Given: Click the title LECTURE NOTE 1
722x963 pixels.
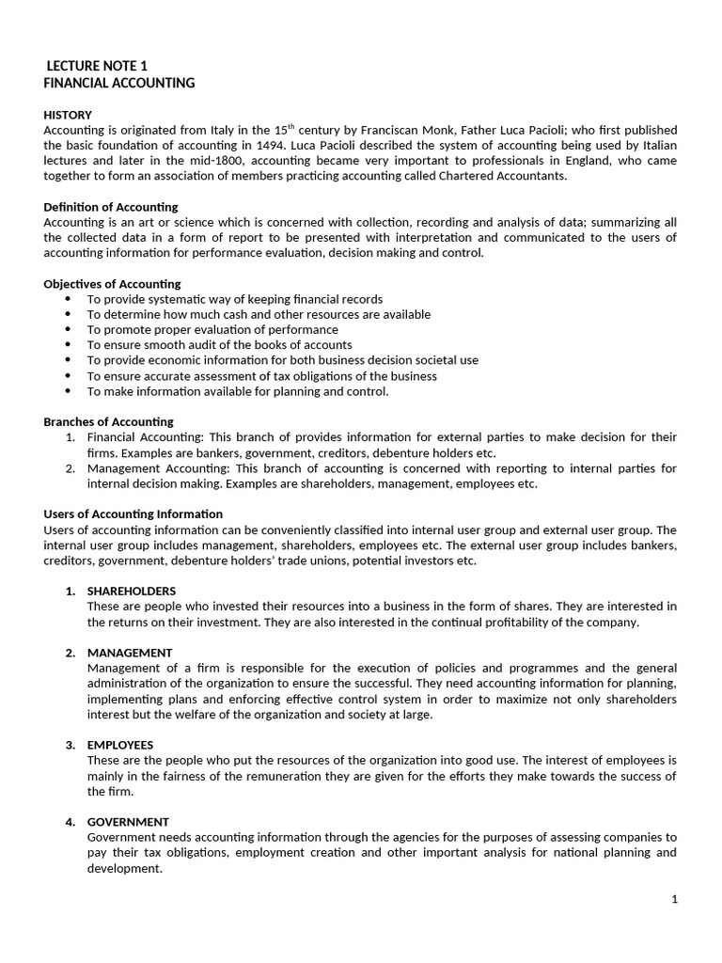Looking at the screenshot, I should [x=97, y=66].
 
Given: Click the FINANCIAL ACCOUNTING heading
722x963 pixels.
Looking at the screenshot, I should [x=119, y=83].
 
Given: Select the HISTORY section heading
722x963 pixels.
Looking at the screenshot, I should [x=68, y=115].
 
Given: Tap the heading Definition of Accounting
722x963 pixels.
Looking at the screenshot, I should [x=111, y=207].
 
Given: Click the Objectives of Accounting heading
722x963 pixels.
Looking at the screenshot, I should [x=113, y=284].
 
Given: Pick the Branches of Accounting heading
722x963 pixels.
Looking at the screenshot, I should [x=109, y=421].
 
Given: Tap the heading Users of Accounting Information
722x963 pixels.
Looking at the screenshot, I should [x=133, y=513].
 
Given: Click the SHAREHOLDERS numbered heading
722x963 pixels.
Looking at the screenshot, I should [x=131, y=591].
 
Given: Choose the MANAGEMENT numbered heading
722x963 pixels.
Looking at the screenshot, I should [x=130, y=653].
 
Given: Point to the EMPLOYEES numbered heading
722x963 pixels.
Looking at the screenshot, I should [x=126, y=745].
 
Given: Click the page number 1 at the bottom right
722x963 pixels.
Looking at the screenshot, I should [x=674, y=899].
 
